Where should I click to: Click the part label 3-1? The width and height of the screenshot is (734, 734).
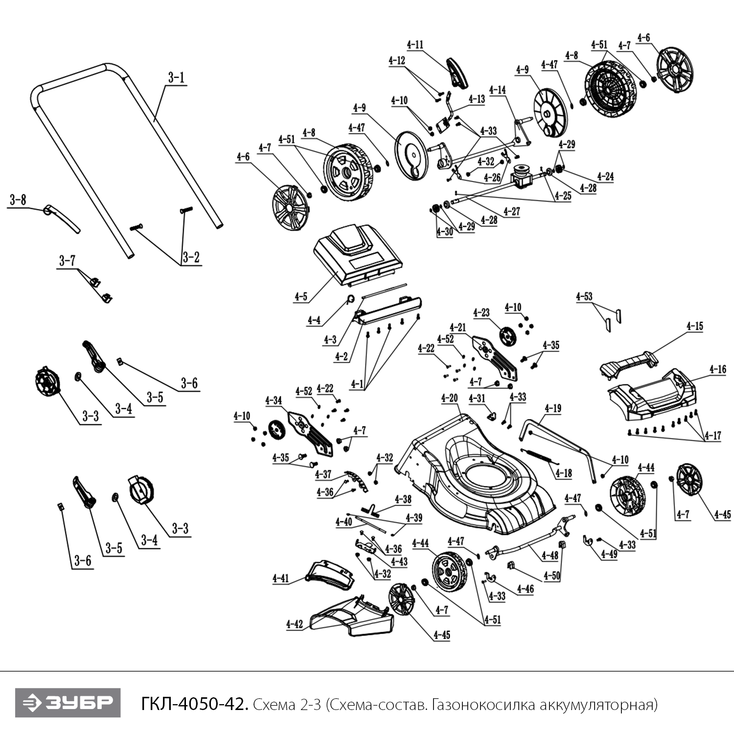point(176,77)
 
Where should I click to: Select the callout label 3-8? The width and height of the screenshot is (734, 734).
point(18,200)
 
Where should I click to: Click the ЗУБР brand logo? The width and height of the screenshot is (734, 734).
point(68,703)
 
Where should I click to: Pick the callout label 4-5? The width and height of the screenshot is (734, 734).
point(301,297)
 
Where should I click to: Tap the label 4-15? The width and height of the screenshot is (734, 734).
point(694,326)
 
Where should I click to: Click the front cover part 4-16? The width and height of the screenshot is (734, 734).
point(651,396)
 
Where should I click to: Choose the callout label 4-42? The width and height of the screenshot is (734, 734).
point(295,624)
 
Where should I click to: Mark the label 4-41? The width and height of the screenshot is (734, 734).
point(281,578)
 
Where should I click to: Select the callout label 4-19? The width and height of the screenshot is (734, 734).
point(553,408)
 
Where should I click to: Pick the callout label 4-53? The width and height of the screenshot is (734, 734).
point(584,297)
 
